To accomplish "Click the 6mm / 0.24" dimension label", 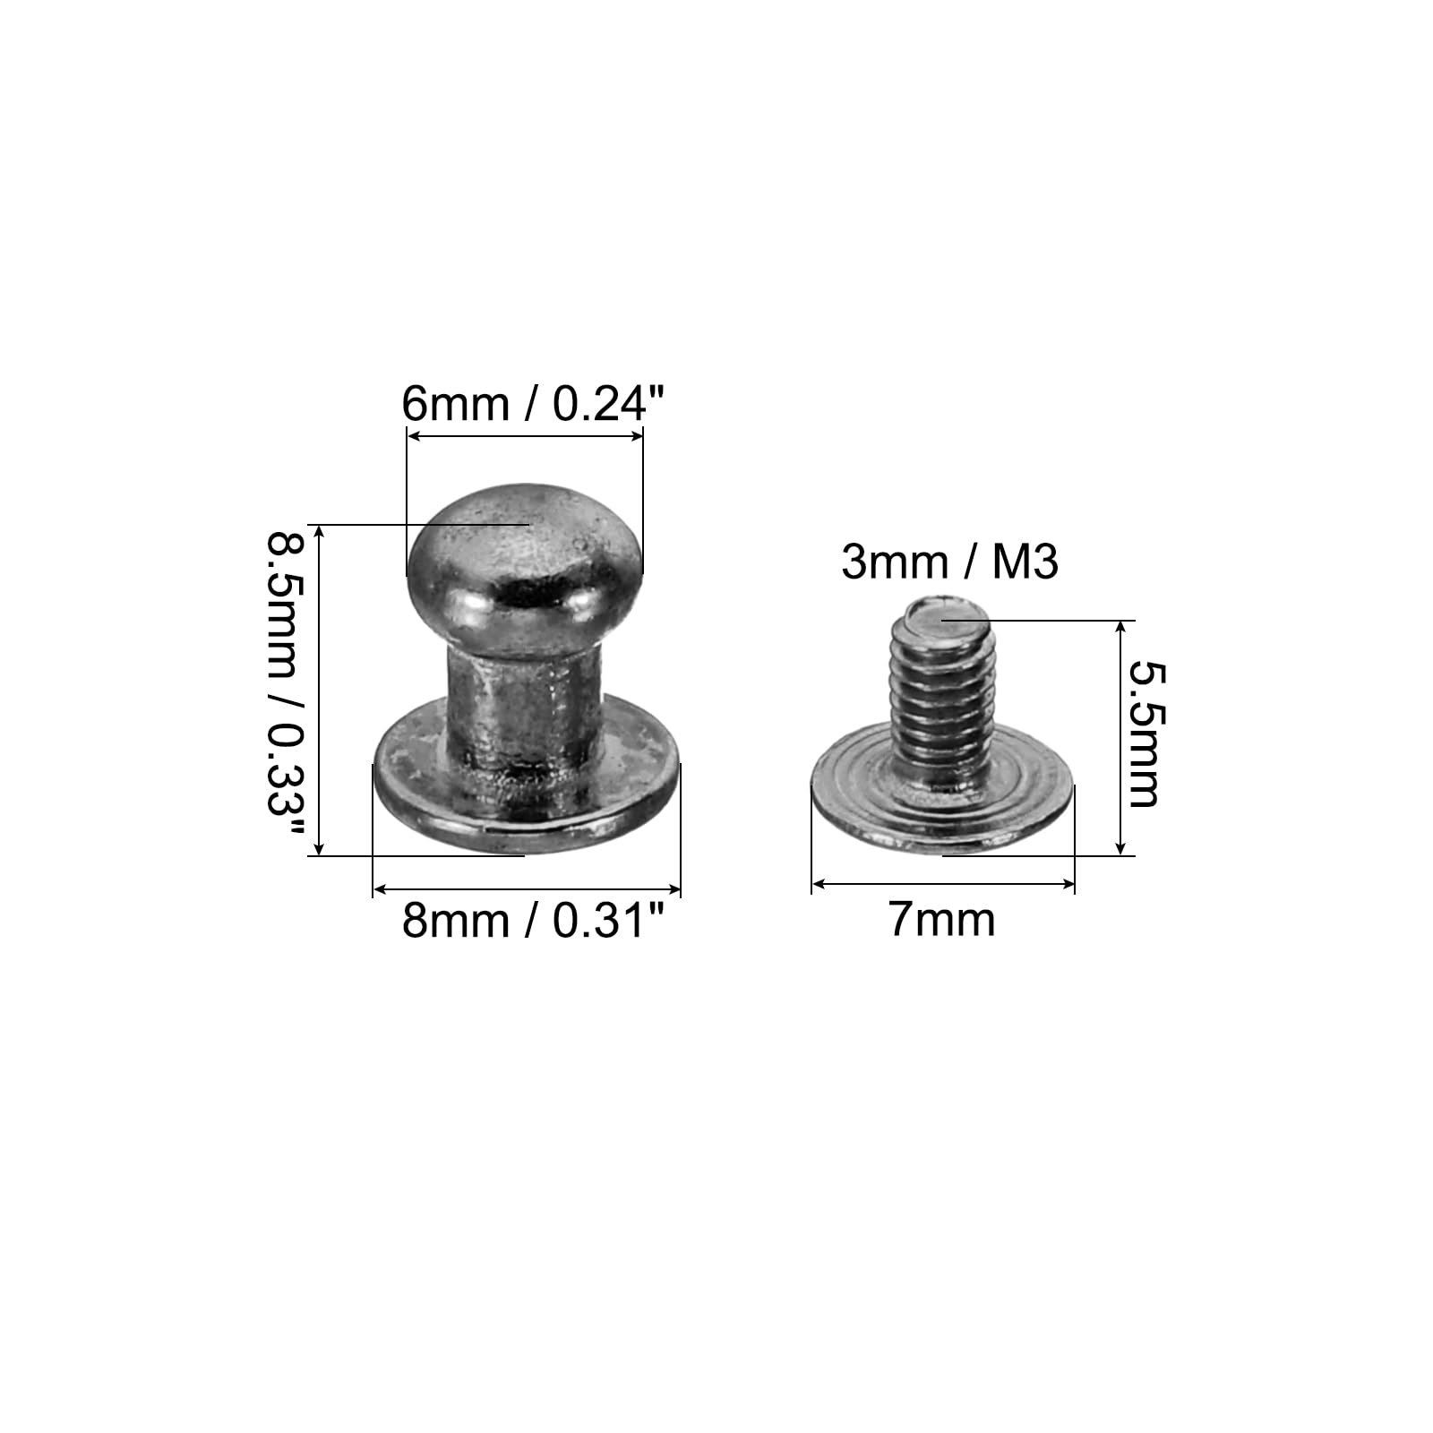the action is (x=536, y=404).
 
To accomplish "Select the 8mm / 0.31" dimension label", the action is (x=535, y=920).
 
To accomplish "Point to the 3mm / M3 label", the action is (x=950, y=562).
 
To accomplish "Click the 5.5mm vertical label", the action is (x=1144, y=734).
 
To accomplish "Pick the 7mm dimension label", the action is (x=942, y=920).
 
